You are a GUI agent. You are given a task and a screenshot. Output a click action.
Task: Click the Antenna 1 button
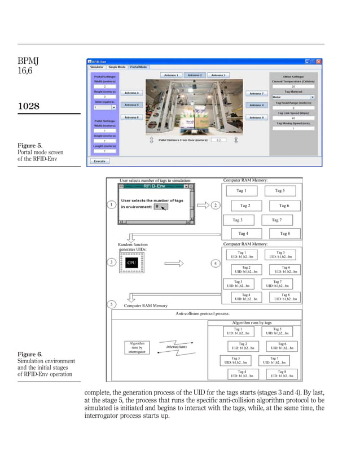(171, 75)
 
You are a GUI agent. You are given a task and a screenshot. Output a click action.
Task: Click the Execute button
(100, 160)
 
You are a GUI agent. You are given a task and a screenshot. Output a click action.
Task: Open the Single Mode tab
(117, 67)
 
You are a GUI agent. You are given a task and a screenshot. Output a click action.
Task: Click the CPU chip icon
(131, 263)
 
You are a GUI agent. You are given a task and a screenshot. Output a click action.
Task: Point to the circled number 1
(112, 204)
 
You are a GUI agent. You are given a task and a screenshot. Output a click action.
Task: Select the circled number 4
(216, 263)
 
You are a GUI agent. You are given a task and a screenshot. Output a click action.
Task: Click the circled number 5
(112, 305)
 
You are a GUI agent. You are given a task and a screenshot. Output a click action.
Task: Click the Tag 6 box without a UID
(284, 206)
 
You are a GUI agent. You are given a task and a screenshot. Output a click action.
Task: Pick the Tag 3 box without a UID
(238, 220)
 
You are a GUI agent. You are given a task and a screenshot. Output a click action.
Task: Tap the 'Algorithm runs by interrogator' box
(137, 347)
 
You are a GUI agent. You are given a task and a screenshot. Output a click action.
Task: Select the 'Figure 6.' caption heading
(28, 355)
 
